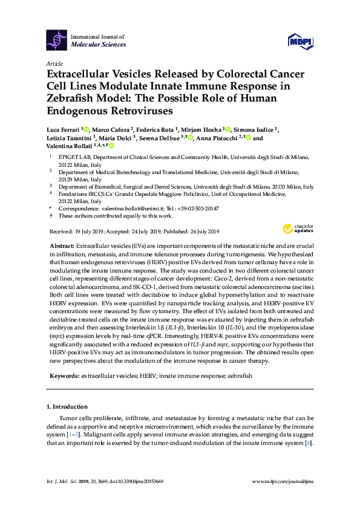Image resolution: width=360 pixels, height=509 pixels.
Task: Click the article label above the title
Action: click(x=54, y=63)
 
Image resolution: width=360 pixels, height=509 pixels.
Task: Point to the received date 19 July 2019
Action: click(x=89, y=232)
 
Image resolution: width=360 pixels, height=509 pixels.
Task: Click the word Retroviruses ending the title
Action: click(x=138, y=111)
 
